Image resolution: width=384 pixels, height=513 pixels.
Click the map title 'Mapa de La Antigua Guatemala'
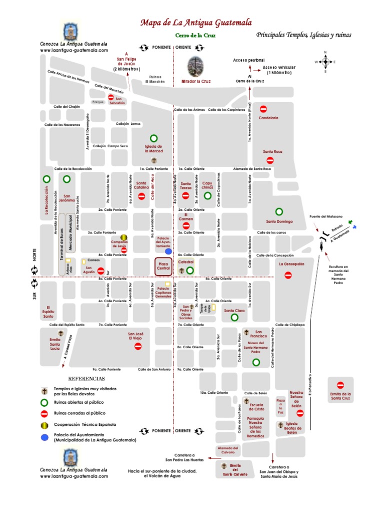pyautogui.click(x=196, y=23)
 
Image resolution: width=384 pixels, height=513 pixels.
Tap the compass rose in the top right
pyautogui.click(x=325, y=62)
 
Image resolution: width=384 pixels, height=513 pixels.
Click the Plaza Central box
pyautogui.click(x=162, y=267)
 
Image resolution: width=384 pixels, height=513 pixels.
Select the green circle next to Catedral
pyautogui.click(x=190, y=271)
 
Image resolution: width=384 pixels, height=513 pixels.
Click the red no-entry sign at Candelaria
pyautogui.click(x=263, y=108)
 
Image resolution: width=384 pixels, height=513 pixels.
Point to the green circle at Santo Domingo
pyautogui.click(x=279, y=211)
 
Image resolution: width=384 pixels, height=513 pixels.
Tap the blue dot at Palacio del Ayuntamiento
pyautogui.click(x=168, y=246)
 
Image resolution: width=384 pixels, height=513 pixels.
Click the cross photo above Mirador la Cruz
pyautogui.click(x=195, y=66)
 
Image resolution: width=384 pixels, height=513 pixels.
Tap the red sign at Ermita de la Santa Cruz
pyautogui.click(x=340, y=385)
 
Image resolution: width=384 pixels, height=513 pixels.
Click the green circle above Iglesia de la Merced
pyautogui.click(x=153, y=138)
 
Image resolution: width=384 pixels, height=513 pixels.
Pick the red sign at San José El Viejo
pyautogui.click(x=138, y=346)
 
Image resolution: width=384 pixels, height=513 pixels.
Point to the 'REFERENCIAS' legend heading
pyautogui.click(x=86, y=379)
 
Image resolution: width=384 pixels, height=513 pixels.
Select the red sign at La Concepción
pyautogui.click(x=288, y=275)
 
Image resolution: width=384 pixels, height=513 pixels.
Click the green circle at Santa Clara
pyautogui.click(x=234, y=317)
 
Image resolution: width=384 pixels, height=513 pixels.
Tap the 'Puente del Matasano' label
pyautogui.click(x=326, y=216)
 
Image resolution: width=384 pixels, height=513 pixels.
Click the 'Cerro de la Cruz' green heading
pyautogui.click(x=195, y=36)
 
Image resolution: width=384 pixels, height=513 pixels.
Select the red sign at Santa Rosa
pyautogui.click(x=270, y=160)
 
